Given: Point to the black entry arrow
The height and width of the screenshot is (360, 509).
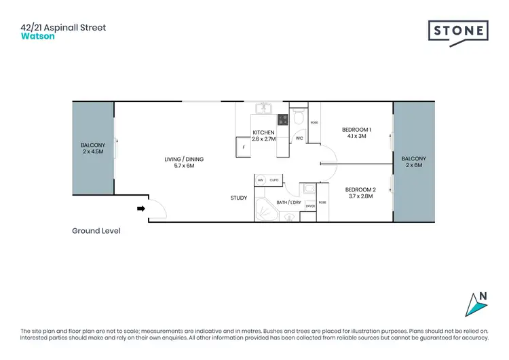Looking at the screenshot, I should tap(140, 209).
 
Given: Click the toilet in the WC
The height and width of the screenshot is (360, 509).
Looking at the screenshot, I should tap(299, 119).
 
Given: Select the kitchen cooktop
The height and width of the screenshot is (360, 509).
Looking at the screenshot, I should tap(281, 120).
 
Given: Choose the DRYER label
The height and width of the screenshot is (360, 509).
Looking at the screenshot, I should tap(311, 206).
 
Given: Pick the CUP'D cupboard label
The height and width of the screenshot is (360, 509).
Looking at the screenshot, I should tap(274, 180).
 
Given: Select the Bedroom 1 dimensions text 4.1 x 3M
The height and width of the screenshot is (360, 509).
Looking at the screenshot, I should tap(356, 137).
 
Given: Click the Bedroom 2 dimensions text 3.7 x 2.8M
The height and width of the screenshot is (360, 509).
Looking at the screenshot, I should tap(360, 196).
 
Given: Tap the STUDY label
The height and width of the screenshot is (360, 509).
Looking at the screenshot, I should tap(239, 198).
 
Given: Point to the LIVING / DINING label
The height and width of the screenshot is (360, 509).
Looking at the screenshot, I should tap(184, 160).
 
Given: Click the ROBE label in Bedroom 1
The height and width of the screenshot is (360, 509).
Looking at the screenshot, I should tap(314, 123).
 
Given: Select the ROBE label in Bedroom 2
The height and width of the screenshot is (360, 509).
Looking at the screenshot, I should tap(322, 202).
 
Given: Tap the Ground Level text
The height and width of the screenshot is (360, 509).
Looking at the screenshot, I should tap(96, 231).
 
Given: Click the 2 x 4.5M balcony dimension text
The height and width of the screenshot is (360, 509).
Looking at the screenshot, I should tap(93, 152).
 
